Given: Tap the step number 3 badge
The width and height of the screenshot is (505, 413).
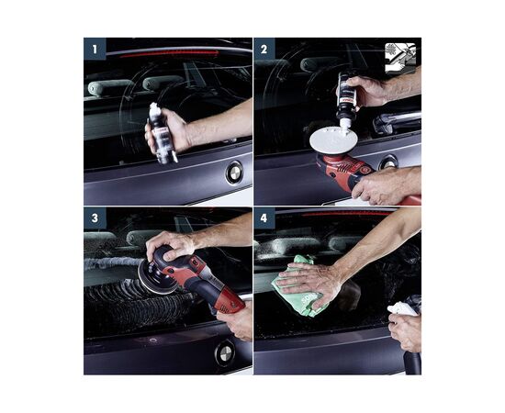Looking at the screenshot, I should pyautogui.click(x=95, y=218).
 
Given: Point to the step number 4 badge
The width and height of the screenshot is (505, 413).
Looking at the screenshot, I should pyautogui.click(x=264, y=218).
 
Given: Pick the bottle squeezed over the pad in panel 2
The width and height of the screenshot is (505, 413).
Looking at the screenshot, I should pyautogui.click(x=346, y=101).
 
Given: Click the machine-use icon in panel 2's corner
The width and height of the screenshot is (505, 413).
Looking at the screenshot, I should pyautogui.click(x=400, y=57).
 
